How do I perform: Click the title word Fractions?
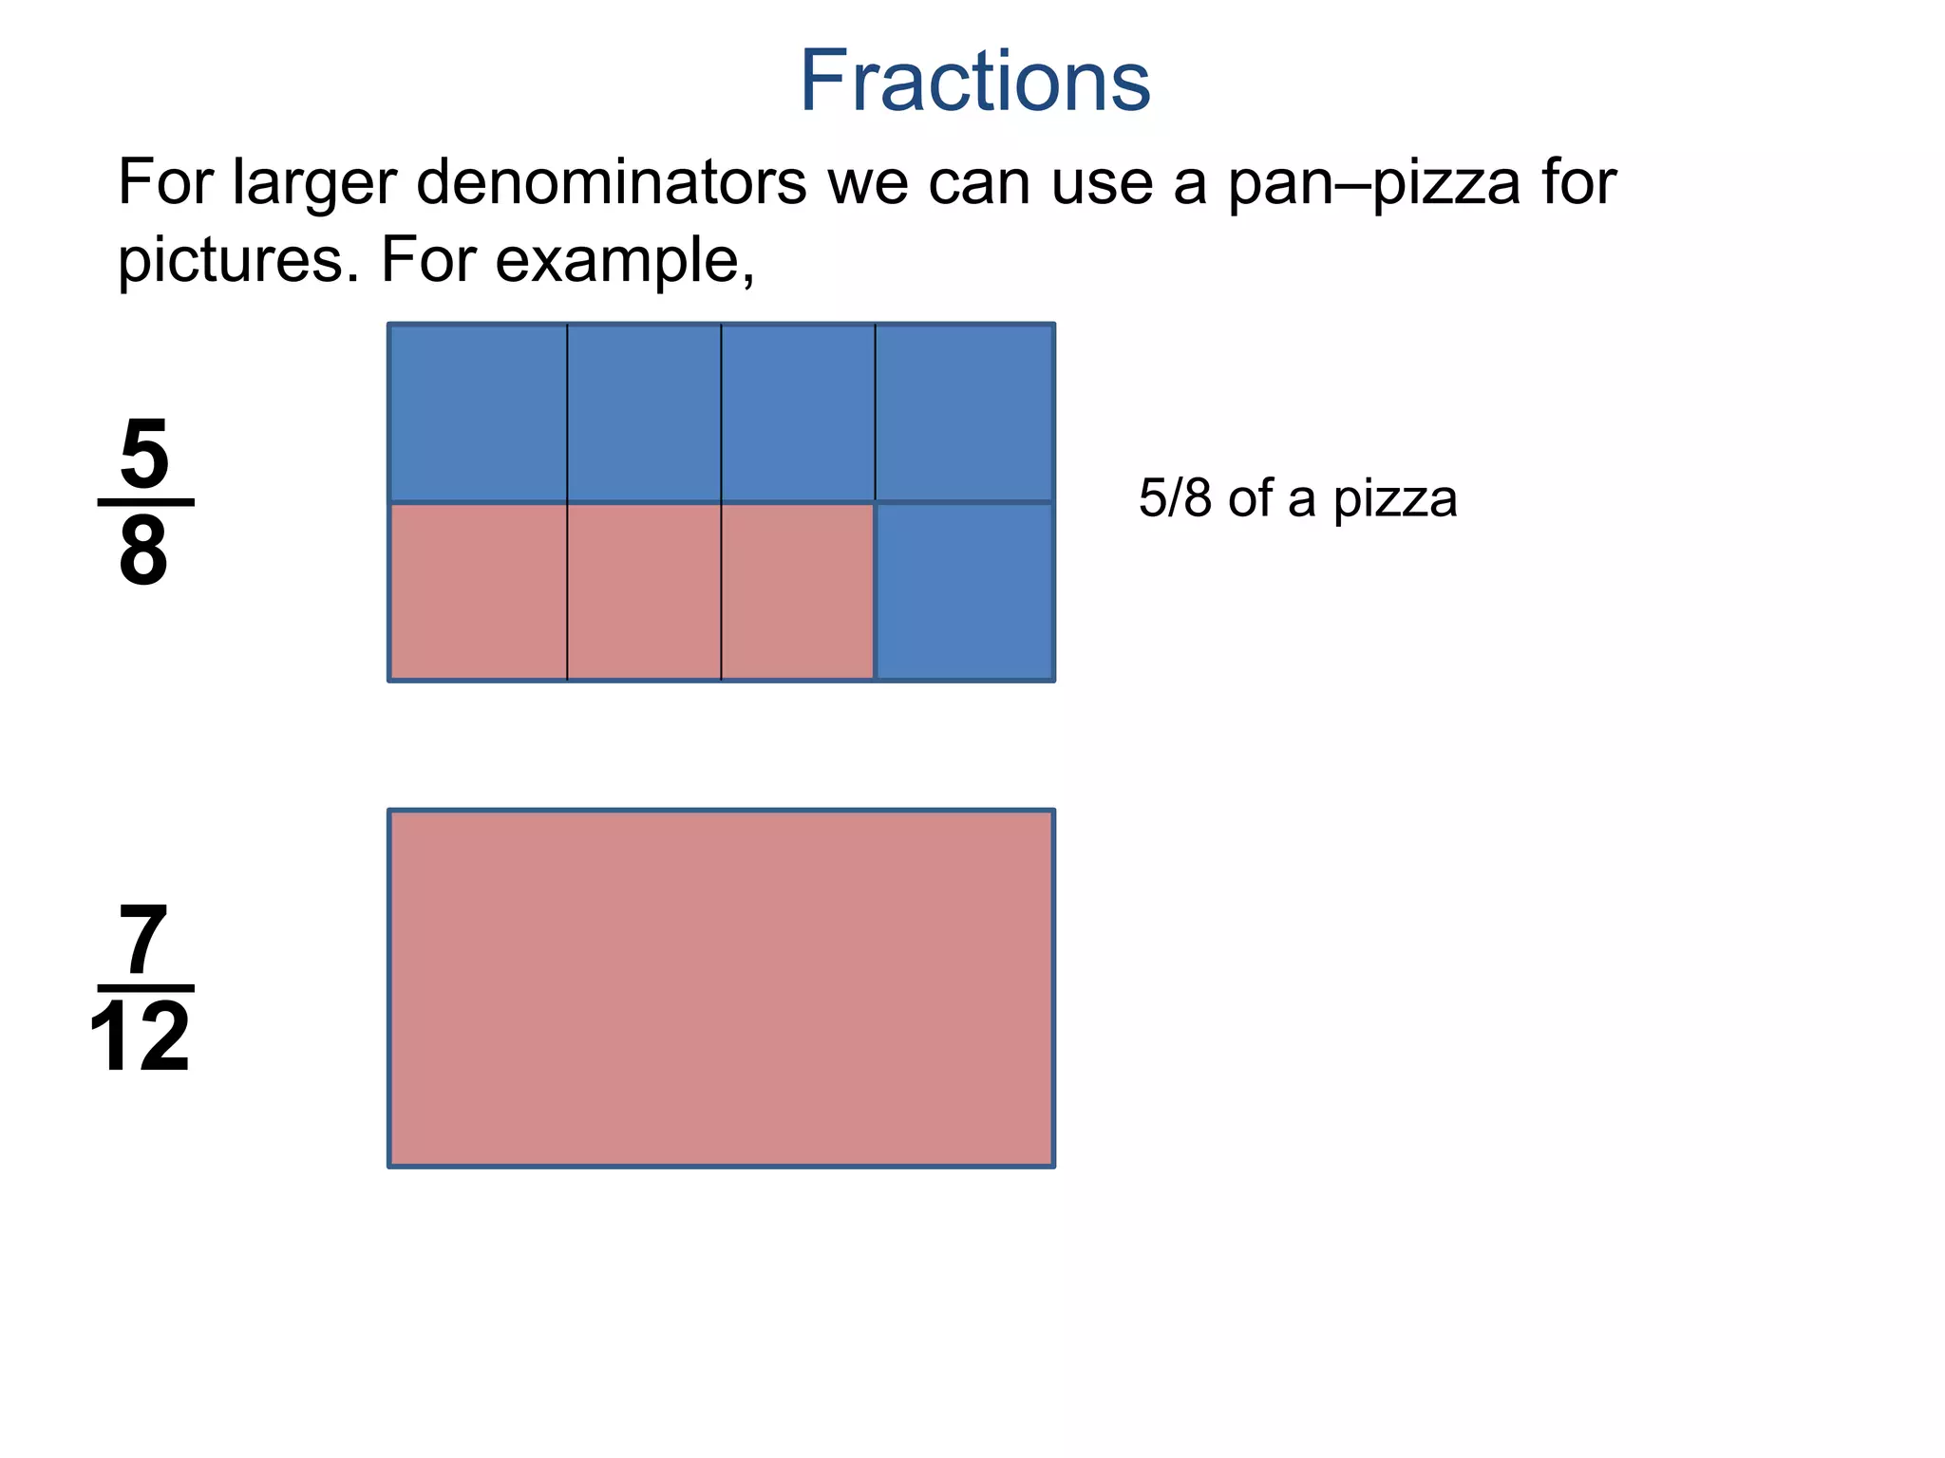coord(974,82)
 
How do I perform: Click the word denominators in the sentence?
coord(611,181)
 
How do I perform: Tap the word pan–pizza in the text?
coord(1374,181)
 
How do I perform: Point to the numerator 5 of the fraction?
coord(144,454)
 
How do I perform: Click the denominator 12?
coord(141,1038)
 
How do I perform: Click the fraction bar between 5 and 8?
coord(145,502)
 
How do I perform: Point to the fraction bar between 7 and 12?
coord(145,988)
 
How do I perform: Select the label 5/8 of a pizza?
coord(1297,498)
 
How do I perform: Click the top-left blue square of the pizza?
coord(479,412)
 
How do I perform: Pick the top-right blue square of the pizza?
coord(964,412)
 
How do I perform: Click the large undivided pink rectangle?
coord(722,988)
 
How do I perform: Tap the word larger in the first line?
coord(314,181)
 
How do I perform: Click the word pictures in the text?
coord(230,260)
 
